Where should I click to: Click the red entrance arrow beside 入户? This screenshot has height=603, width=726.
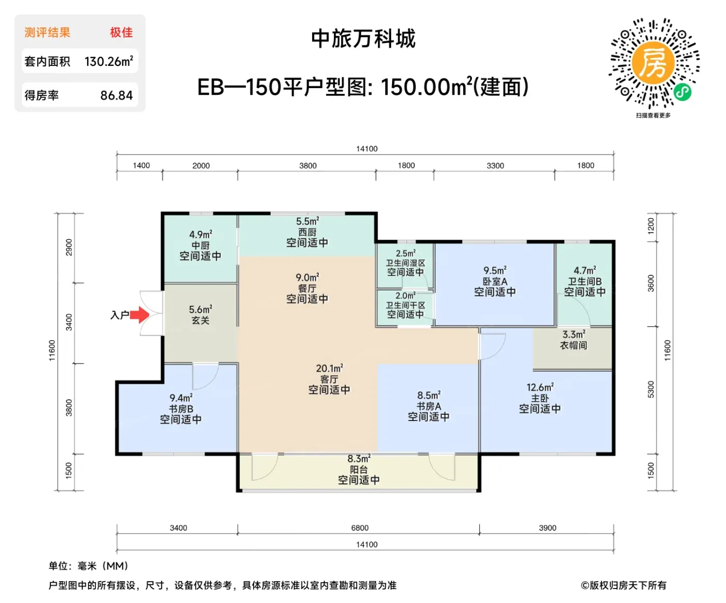pyautogui.click(x=139, y=315)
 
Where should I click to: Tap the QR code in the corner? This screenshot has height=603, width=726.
pyautogui.click(x=654, y=63)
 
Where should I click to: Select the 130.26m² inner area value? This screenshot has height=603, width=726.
pyautogui.click(x=109, y=62)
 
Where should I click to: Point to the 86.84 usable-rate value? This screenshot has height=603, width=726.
pyautogui.click(x=117, y=95)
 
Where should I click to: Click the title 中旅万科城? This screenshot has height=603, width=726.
pyautogui.click(x=364, y=38)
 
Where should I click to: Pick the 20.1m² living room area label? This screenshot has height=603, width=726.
pyautogui.click(x=329, y=368)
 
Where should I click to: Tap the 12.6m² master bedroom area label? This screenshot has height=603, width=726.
pyautogui.click(x=540, y=387)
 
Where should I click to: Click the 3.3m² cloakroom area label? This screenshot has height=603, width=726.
pyautogui.click(x=574, y=334)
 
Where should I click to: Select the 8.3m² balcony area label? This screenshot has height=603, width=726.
pyautogui.click(x=359, y=459)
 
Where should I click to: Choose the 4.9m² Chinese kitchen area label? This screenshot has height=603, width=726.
pyautogui.click(x=201, y=234)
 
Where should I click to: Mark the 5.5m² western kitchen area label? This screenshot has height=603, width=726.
pyautogui.click(x=308, y=221)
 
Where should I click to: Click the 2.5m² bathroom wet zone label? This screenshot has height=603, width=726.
pyautogui.click(x=406, y=254)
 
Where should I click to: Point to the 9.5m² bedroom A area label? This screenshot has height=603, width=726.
pyautogui.click(x=495, y=270)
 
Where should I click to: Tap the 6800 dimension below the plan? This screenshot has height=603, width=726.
pyautogui.click(x=359, y=527)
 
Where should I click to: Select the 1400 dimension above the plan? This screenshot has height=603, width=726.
pyautogui.click(x=141, y=165)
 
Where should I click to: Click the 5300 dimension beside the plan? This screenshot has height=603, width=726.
pyautogui.click(x=651, y=389)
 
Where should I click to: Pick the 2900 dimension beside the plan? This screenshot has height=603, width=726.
pyautogui.click(x=69, y=247)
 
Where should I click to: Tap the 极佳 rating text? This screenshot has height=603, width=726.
pyautogui.click(x=121, y=32)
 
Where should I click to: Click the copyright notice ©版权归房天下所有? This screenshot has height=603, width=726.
pyautogui.click(x=623, y=585)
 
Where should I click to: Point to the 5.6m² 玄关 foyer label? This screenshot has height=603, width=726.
pyautogui.click(x=201, y=314)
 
